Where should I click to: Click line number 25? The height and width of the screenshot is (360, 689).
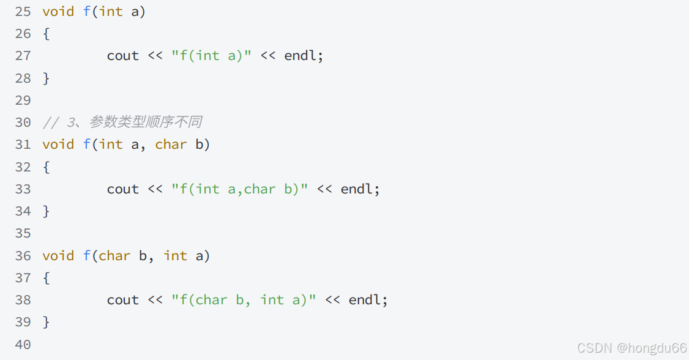click(x=23, y=12)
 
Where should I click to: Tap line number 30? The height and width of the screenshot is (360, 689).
click(x=23, y=122)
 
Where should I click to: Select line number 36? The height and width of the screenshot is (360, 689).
click(x=23, y=256)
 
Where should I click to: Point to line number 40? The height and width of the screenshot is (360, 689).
click(x=23, y=345)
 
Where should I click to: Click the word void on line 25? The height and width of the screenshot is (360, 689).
click(x=58, y=12)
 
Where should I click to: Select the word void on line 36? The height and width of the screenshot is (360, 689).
click(x=58, y=256)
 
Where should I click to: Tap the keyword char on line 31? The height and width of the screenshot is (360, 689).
click(x=171, y=144)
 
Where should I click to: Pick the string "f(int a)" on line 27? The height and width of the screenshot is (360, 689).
click(x=211, y=56)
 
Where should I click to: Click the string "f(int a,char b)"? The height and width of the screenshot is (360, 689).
click(x=239, y=189)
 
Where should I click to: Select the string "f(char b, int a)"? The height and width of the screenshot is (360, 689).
click(x=244, y=300)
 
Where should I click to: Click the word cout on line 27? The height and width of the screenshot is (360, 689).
click(x=123, y=56)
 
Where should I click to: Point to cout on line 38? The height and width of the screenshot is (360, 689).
click(x=123, y=300)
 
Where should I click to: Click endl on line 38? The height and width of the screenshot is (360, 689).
click(x=365, y=300)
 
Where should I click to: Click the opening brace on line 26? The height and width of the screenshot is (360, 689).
click(x=46, y=34)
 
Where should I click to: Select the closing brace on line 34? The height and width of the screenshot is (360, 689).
click(x=46, y=211)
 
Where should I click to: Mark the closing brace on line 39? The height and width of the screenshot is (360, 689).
click(x=46, y=322)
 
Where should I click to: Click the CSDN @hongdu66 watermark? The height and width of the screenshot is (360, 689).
click(x=631, y=348)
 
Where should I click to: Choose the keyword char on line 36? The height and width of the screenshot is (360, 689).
click(x=114, y=256)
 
